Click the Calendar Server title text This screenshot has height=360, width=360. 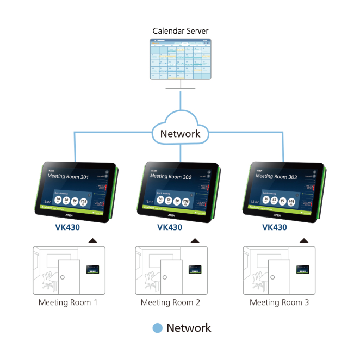click(180, 31)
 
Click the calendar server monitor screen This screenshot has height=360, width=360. click(180, 59)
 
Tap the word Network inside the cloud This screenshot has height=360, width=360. click(180, 133)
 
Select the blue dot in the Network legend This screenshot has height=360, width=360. click(157, 328)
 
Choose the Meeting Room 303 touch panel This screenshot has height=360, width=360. click(284, 190)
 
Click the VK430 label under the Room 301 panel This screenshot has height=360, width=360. click(67, 228)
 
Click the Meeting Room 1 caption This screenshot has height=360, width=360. click(68, 302)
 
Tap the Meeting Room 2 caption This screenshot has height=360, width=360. click(170, 302)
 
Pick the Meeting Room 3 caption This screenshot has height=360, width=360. click(279, 302)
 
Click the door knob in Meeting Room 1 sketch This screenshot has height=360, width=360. click(63, 277)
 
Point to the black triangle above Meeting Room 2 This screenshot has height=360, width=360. click(195, 240)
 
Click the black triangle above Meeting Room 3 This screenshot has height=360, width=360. click(303, 240)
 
